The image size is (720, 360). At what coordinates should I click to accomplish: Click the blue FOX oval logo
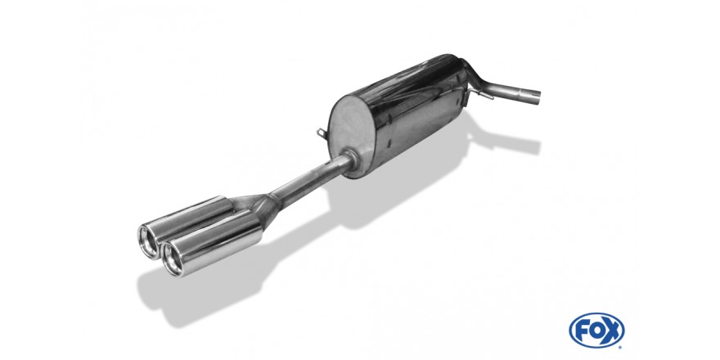point(596,331)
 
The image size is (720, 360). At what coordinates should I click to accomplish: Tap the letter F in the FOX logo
point(583,331)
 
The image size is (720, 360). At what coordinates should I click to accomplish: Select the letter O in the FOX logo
point(596,331)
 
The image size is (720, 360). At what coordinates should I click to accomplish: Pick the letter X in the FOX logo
point(610,331)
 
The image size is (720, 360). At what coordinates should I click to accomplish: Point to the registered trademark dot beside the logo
point(620,347)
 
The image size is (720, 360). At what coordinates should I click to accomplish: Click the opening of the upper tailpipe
point(149,241)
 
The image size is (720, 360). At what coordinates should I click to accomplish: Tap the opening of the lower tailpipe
point(173,259)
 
